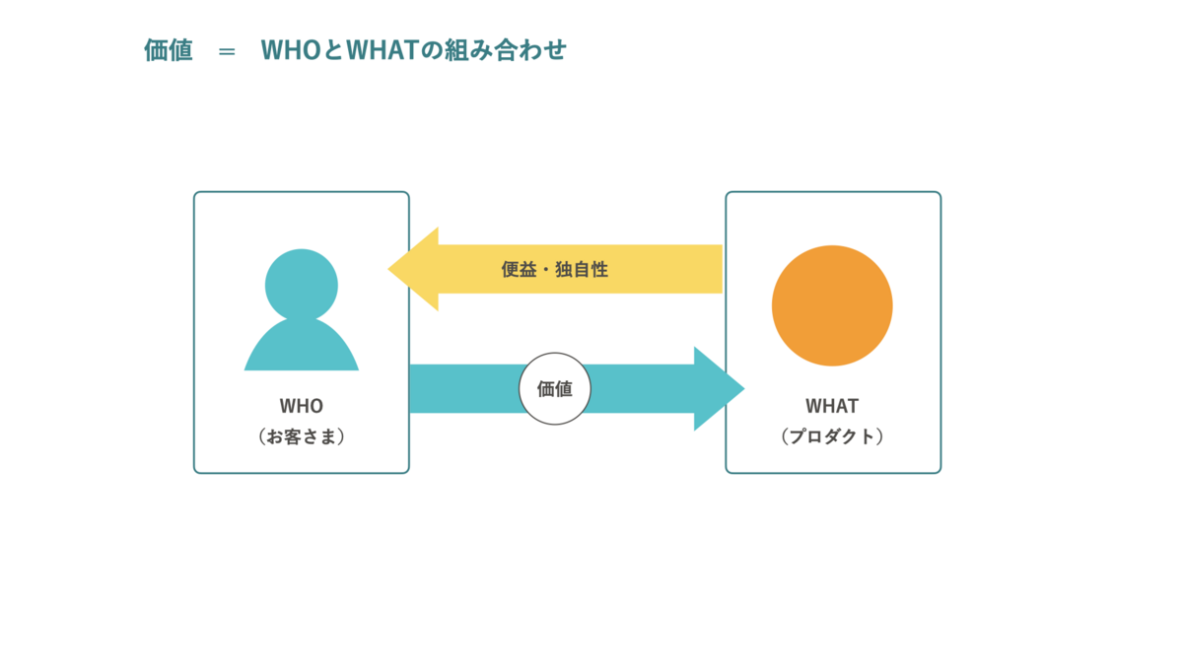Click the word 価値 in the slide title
[x=169, y=50]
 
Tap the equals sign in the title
[x=227, y=51]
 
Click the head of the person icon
[x=301, y=285]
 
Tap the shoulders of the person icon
[x=301, y=346]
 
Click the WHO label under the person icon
[x=301, y=406]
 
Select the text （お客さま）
[x=301, y=436]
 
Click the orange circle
[x=832, y=305]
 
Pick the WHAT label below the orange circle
[x=832, y=406]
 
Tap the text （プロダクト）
[x=832, y=436]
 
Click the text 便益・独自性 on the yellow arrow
[x=554, y=269]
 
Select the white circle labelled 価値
[x=554, y=388]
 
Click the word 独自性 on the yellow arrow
[x=582, y=269]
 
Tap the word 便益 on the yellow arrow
[x=519, y=269]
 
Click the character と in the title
[x=333, y=50]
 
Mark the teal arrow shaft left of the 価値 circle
[x=464, y=388]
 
